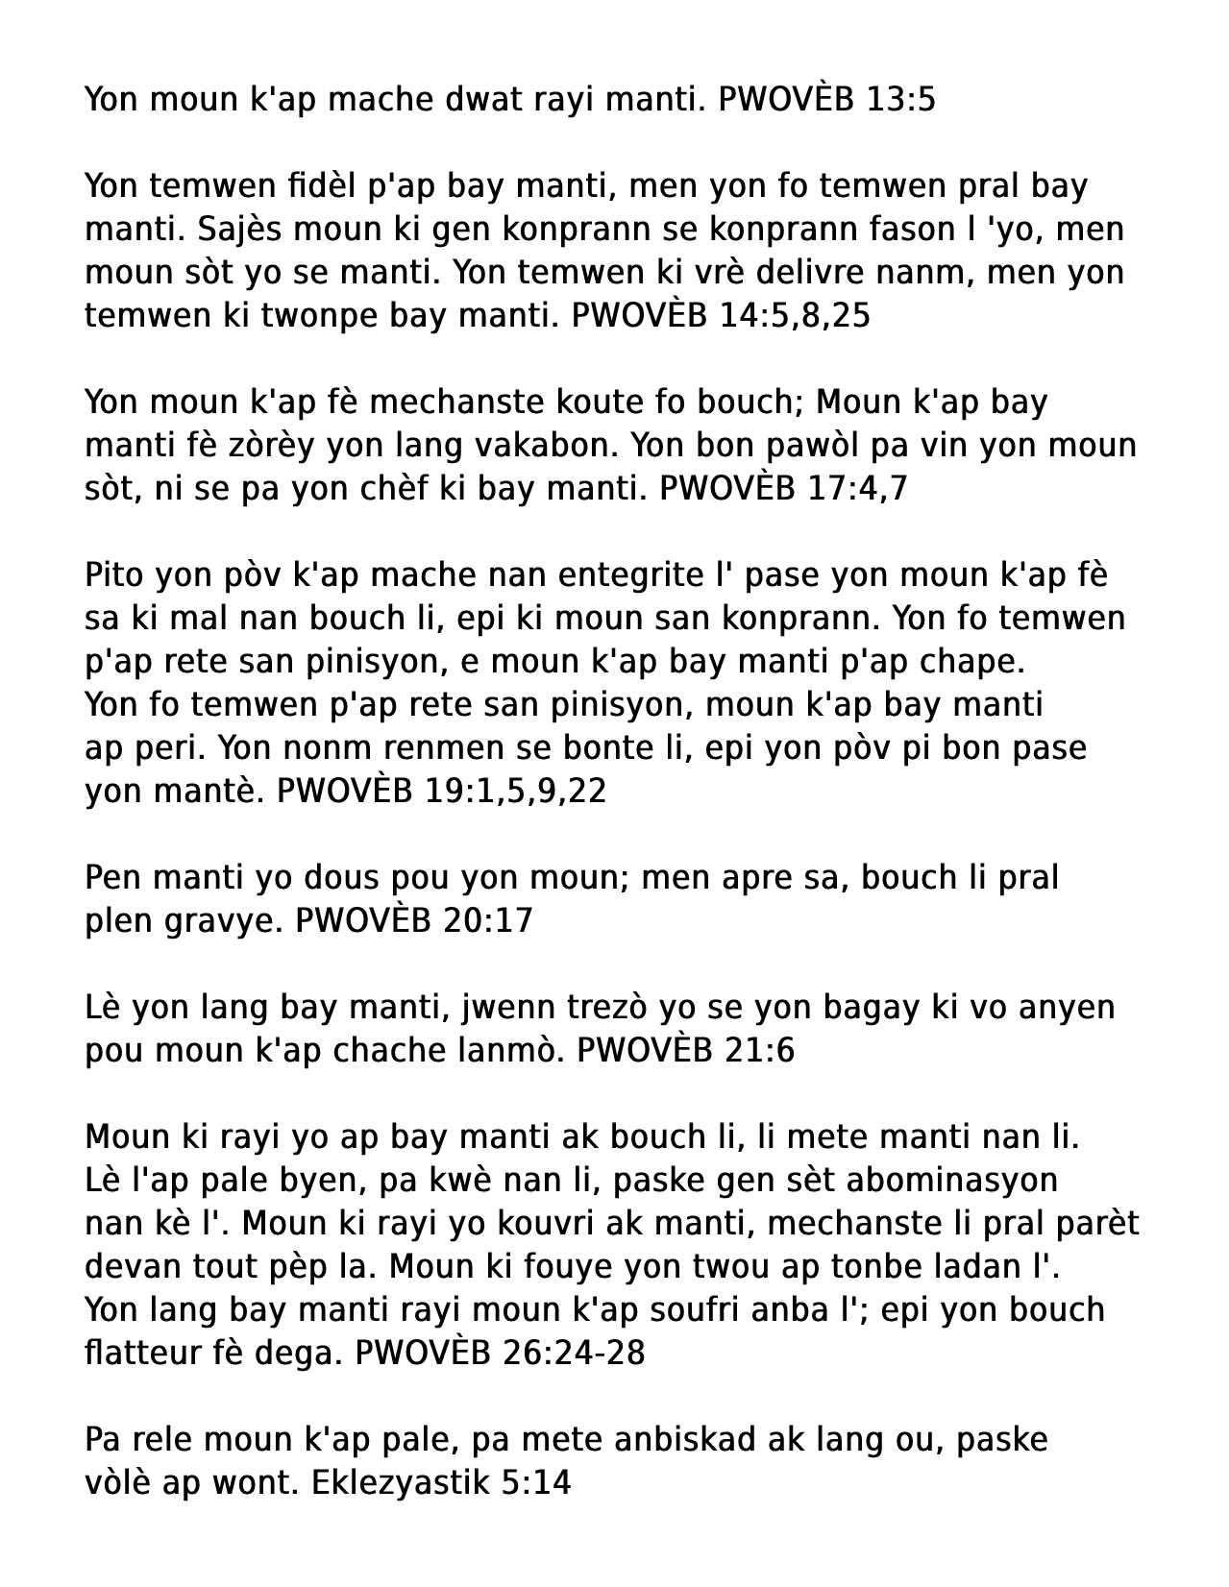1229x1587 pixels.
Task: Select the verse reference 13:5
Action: pos(900,99)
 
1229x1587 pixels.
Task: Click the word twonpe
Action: pos(320,315)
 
